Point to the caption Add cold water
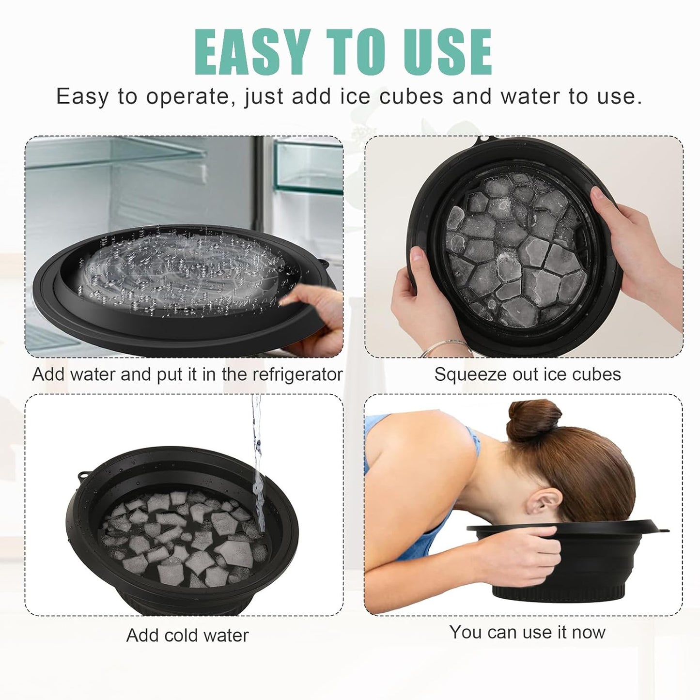coord(187,635)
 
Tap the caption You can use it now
coord(527,632)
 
